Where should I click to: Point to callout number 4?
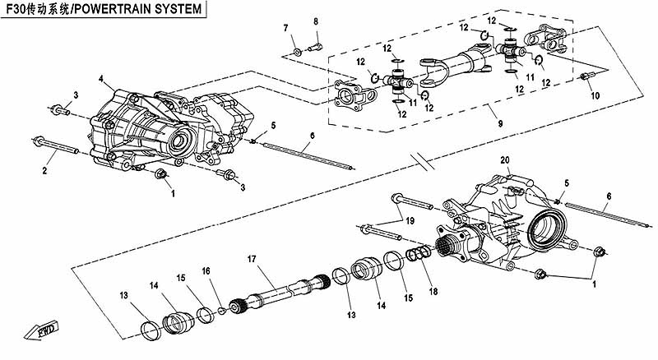(x=100, y=79)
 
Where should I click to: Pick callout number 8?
(x=315, y=21)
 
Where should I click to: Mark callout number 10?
(x=595, y=95)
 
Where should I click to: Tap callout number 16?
(x=206, y=270)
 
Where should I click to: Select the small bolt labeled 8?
(x=313, y=46)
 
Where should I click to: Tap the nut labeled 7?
(x=296, y=52)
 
